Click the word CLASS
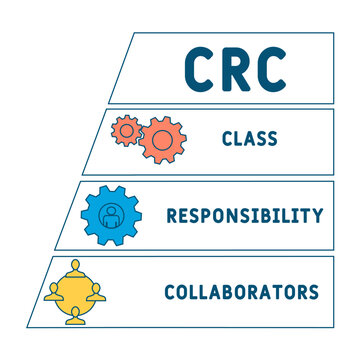pyautogui.click(x=250, y=138)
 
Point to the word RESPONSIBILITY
pyautogui.click(x=245, y=215)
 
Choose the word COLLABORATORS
pyautogui.click(x=242, y=292)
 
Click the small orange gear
pyautogui.click(x=126, y=131)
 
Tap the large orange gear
pyautogui.click(x=162, y=140)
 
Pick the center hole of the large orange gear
pyautogui.click(x=162, y=140)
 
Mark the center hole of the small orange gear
pyautogui.click(x=126, y=131)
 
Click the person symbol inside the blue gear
pyautogui.click(x=111, y=216)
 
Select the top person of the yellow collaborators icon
pyautogui.click(x=76, y=269)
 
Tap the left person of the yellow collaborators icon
pyautogui.click(x=53, y=292)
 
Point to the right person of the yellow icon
pyautogui.click(x=96, y=292)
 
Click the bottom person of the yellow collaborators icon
pyautogui.click(x=75, y=316)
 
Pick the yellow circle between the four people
pyautogui.click(x=74, y=293)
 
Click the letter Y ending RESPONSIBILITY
pyautogui.click(x=318, y=215)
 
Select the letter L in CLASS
pyautogui.click(x=238, y=138)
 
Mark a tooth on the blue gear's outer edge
pyautogui.click(x=111, y=190)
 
